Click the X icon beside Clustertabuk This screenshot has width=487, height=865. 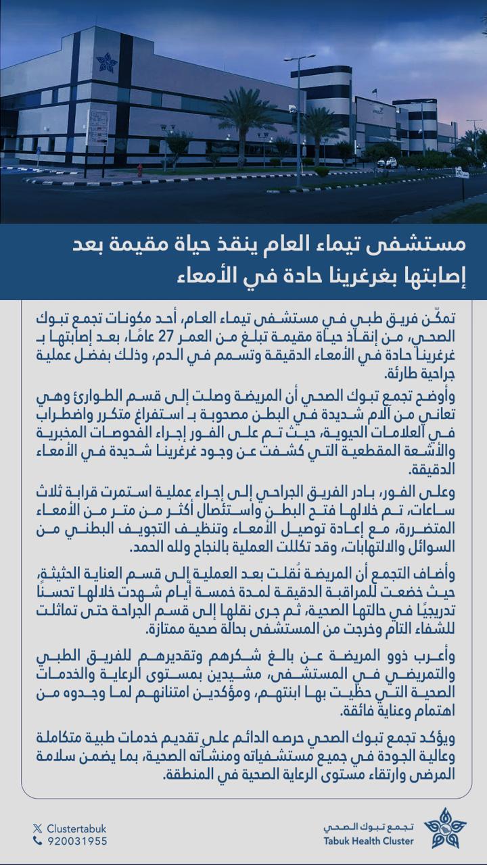tap(37, 829)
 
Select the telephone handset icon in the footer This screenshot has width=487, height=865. tap(37, 841)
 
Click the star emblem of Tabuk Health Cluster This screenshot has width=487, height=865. tap(444, 829)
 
